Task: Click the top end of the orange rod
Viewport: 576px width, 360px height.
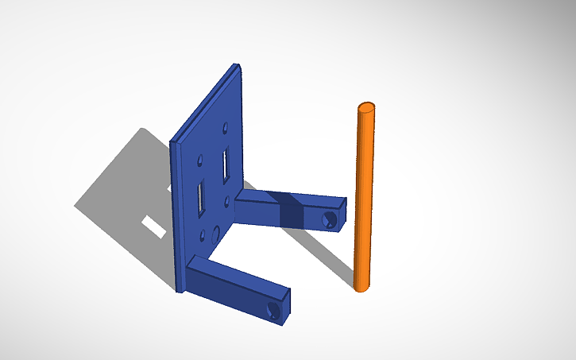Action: (x=366, y=108)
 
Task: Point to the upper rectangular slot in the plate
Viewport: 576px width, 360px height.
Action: (x=226, y=165)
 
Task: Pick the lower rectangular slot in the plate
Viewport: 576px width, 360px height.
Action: (x=199, y=198)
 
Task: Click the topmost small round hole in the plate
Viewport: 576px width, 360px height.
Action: (x=226, y=127)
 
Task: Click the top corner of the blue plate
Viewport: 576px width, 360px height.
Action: (x=235, y=67)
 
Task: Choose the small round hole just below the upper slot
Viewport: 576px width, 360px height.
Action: (x=226, y=199)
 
